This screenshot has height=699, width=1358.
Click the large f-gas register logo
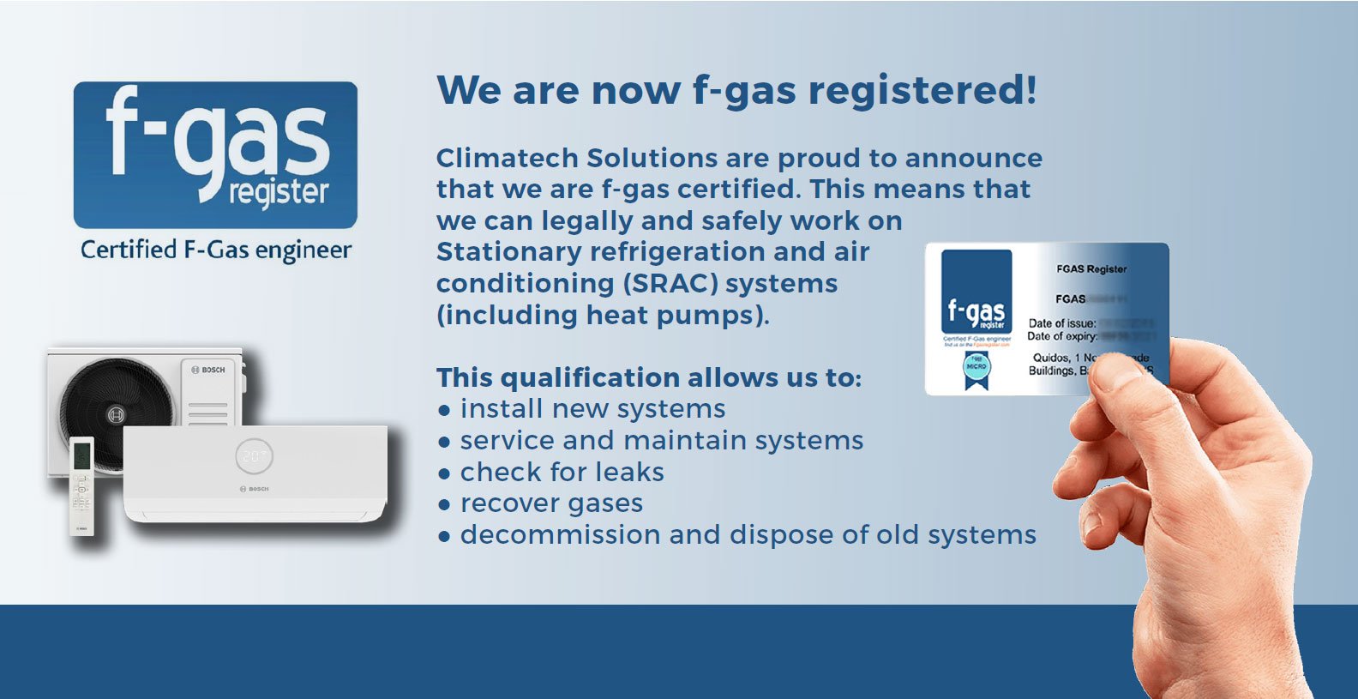[x=215, y=154]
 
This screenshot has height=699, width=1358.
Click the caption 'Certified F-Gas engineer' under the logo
[x=216, y=250]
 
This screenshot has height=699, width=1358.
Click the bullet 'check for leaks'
[x=562, y=473]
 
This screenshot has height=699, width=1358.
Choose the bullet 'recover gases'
[x=551, y=503]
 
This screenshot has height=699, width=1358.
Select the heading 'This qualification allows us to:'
[x=649, y=378]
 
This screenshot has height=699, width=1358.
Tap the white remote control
[x=81, y=485]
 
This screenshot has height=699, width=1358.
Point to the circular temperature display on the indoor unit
[x=255, y=456]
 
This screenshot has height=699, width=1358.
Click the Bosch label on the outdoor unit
[x=208, y=370]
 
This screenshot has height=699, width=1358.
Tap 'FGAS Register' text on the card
[x=1091, y=269]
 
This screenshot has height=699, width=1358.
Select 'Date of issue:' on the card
[x=1061, y=323]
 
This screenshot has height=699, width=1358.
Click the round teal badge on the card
[x=976, y=365]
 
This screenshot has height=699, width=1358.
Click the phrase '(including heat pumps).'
[x=603, y=316]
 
